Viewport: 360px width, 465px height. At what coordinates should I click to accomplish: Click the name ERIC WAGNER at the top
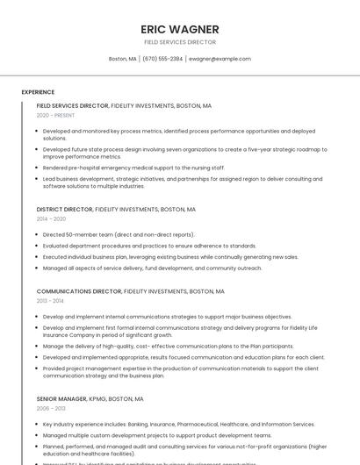(x=179, y=28)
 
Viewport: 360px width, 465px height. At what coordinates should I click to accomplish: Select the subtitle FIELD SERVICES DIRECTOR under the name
(x=179, y=42)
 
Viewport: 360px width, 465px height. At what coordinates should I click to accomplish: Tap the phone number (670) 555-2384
(x=162, y=59)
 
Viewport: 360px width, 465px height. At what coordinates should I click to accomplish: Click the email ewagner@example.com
(x=220, y=59)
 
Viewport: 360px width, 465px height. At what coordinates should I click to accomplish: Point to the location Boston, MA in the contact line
(x=123, y=59)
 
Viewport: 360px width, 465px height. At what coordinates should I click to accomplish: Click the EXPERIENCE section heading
(x=38, y=92)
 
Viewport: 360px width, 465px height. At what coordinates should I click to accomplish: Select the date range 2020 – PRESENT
(x=55, y=115)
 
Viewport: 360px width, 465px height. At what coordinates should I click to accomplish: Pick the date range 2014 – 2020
(x=51, y=219)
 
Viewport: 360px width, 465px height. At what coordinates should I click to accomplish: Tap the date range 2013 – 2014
(x=50, y=300)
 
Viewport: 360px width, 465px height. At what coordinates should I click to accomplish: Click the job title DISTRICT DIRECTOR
(x=64, y=210)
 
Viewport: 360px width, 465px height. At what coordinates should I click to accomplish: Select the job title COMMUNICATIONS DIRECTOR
(x=79, y=291)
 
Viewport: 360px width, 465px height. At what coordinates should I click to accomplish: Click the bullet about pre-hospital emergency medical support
(x=133, y=168)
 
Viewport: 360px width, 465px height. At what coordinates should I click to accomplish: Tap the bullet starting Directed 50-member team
(x=119, y=235)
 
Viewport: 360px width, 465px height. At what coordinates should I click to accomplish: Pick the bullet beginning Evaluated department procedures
(x=149, y=247)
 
